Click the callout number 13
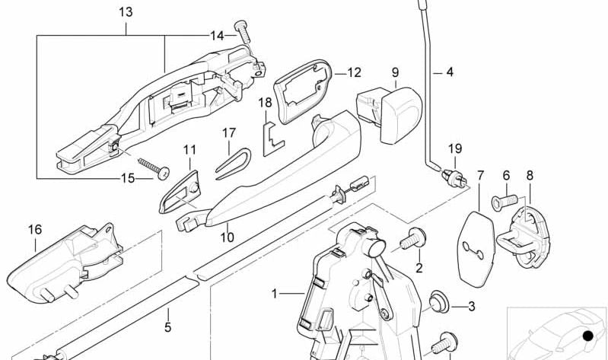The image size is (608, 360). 125,12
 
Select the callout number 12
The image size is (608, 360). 354,73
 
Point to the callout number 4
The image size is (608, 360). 449,73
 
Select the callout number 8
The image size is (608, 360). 530,175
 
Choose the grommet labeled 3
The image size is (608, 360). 438,304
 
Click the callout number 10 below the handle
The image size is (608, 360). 227,237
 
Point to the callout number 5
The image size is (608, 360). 168,328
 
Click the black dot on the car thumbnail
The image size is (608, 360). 587,336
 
